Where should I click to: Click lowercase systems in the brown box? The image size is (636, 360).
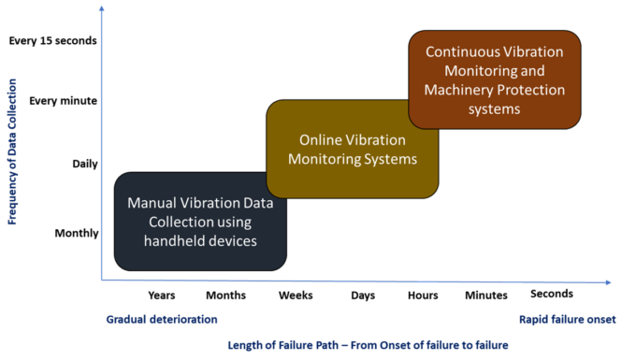coord(494,109)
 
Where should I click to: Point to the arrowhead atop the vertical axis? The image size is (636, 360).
coord(100,9)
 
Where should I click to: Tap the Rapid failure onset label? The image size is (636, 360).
coord(567,320)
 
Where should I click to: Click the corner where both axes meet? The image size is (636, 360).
coord(101,279)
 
